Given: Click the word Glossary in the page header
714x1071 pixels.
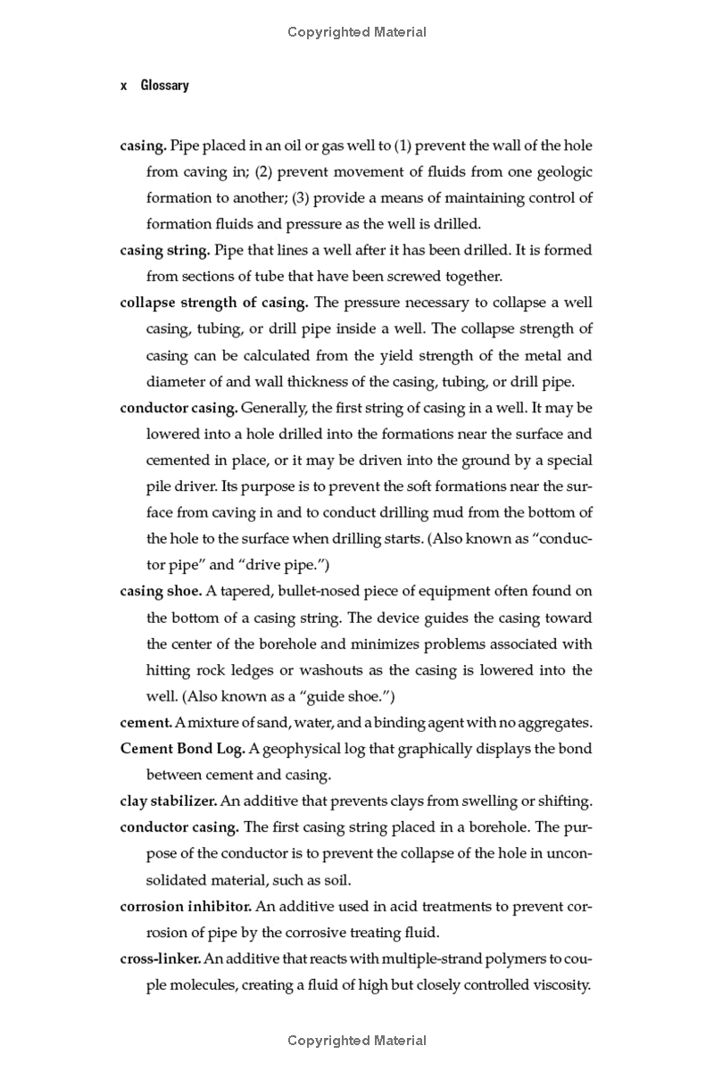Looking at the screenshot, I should click(x=165, y=86).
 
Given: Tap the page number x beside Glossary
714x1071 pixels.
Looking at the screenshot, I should click(x=124, y=86).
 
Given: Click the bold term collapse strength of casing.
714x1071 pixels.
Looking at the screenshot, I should click(x=214, y=303).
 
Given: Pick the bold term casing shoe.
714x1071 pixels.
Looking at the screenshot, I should click(x=161, y=591).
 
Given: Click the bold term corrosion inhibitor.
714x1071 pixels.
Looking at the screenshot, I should click(x=186, y=906).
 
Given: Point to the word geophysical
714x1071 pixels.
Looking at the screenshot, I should click(x=297, y=748).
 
